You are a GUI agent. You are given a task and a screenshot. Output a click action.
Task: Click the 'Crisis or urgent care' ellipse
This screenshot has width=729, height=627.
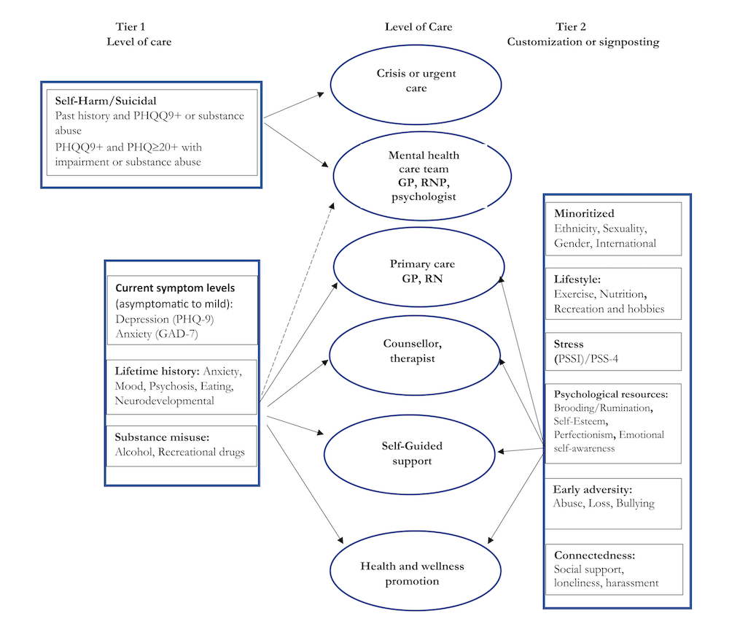pyautogui.click(x=416, y=82)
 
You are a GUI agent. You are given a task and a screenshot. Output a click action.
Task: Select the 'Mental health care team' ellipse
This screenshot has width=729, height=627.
pyautogui.click(x=416, y=176)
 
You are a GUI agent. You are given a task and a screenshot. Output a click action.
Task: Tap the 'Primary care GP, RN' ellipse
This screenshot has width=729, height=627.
pyautogui.click(x=416, y=271)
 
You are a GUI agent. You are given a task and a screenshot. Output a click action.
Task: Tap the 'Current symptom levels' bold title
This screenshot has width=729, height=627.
pyautogui.click(x=160, y=289)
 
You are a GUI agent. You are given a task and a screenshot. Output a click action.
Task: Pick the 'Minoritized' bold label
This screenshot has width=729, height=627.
pyautogui.click(x=585, y=214)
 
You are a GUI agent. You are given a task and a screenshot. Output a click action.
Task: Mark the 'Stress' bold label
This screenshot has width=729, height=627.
pyautogui.click(x=569, y=344)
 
